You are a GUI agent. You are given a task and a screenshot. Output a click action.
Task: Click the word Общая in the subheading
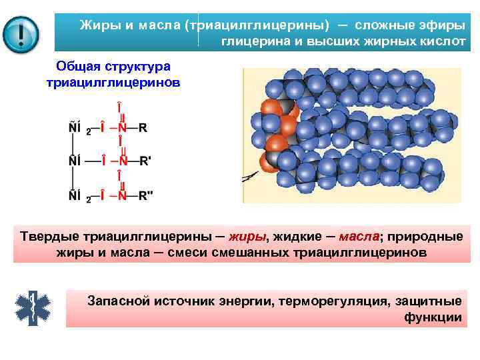[x=79, y=67]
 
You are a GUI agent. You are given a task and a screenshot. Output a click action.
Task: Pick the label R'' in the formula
[x=146, y=195]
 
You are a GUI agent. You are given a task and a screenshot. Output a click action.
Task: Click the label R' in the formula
[x=144, y=160]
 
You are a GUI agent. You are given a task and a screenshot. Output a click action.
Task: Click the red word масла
[x=359, y=237]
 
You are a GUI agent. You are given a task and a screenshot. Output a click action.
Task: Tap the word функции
[x=433, y=317]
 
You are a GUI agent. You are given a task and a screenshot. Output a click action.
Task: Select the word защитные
[x=425, y=300]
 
